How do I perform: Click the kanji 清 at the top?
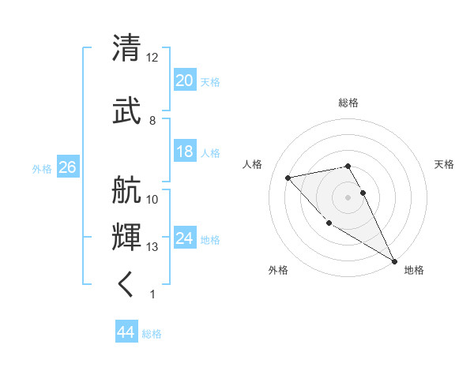126,49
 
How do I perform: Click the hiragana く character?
126,285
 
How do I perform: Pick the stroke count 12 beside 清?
152,58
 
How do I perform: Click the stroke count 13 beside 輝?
152,247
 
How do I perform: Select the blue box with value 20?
184,81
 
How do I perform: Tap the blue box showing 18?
184,152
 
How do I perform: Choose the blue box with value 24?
184,238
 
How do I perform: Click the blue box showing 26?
67,167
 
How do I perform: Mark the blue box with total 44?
126,332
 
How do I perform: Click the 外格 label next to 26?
42,168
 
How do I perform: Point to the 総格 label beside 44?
152,334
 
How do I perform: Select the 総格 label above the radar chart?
348,103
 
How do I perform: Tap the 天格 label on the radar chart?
444,164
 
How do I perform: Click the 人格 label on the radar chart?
253,164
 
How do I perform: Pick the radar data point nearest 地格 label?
394,261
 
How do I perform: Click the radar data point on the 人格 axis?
288,178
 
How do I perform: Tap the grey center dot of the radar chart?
348,197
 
